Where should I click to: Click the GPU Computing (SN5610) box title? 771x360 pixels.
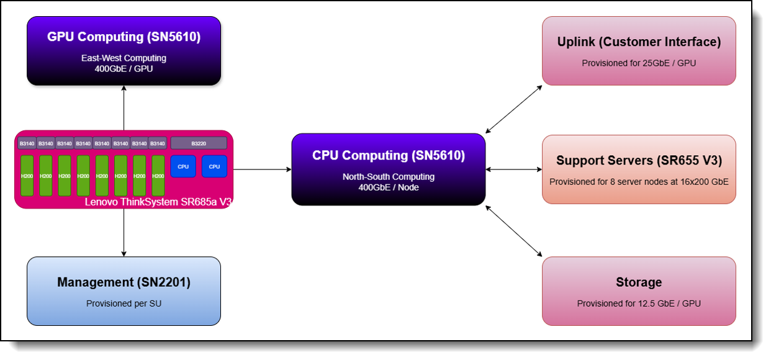124,37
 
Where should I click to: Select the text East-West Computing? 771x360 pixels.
124,58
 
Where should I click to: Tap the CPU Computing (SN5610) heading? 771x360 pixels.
388,155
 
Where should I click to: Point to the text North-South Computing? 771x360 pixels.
388,177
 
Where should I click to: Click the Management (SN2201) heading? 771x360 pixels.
124,282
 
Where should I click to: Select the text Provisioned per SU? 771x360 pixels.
124,304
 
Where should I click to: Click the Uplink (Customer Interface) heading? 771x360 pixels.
639,42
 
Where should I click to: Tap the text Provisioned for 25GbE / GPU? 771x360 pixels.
639,63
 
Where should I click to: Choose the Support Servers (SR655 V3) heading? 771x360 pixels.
639,161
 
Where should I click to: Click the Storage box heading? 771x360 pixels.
639,282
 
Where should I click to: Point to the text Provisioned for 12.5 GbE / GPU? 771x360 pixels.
639,304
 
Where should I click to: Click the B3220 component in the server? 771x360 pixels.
199,143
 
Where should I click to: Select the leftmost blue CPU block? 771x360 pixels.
183,166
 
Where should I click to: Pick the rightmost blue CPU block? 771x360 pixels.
214,166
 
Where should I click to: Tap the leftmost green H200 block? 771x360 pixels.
27,176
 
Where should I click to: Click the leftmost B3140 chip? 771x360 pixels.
27,143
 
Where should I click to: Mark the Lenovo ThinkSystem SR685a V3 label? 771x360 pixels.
158,202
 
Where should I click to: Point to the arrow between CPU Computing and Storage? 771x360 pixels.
514,231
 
